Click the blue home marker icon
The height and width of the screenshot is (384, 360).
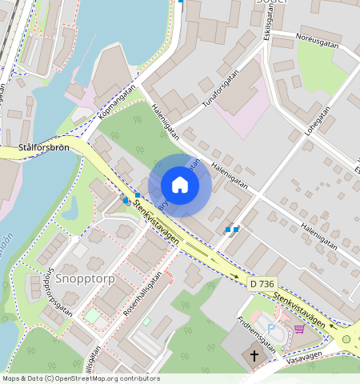click(180, 185)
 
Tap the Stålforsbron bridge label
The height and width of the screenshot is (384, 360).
click(46, 148)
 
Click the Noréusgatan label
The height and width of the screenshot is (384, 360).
click(317, 41)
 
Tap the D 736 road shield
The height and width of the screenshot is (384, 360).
click(262, 284)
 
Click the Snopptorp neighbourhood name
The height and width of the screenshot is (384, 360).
click(86, 278)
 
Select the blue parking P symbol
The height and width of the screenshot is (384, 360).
click(271, 328)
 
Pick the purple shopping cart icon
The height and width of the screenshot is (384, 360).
click(299, 328)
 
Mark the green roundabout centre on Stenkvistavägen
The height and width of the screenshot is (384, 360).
click(347, 339)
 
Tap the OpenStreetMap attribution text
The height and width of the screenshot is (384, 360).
click(80, 378)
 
